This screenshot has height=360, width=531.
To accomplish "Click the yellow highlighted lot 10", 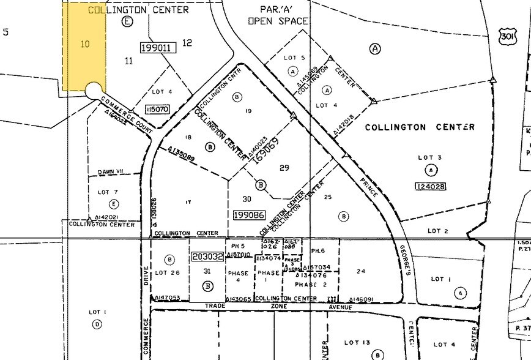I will point(84,44).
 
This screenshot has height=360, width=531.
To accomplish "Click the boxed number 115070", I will point(157,109).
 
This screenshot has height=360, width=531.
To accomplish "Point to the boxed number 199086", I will point(248,215).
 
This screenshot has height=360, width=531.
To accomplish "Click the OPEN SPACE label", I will point(278,21).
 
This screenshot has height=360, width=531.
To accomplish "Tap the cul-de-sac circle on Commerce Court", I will point(94,91).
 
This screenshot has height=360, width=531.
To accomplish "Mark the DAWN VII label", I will point(111,172).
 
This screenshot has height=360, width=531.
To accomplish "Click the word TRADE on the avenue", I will point(215,305).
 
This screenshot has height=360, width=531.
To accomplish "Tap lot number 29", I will point(283,167).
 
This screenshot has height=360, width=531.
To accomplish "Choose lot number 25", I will point(327,197).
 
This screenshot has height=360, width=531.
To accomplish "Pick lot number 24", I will point(360,271).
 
